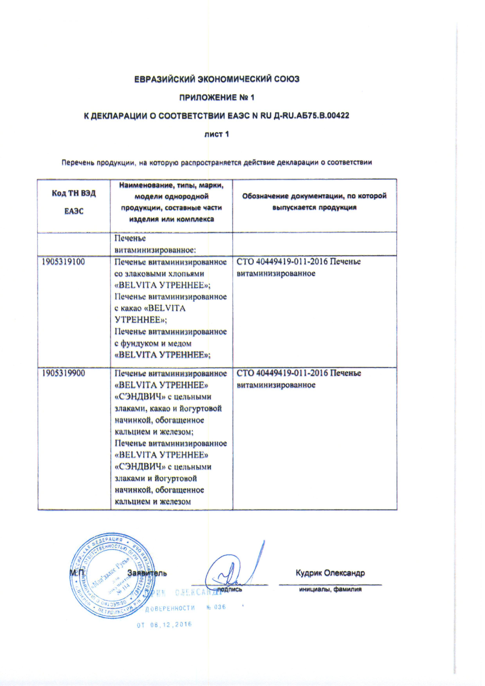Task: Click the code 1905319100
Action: [x=63, y=262]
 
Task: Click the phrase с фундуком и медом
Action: [x=153, y=343]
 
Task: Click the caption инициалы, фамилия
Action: [x=330, y=589]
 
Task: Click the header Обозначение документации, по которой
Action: [x=314, y=196]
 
